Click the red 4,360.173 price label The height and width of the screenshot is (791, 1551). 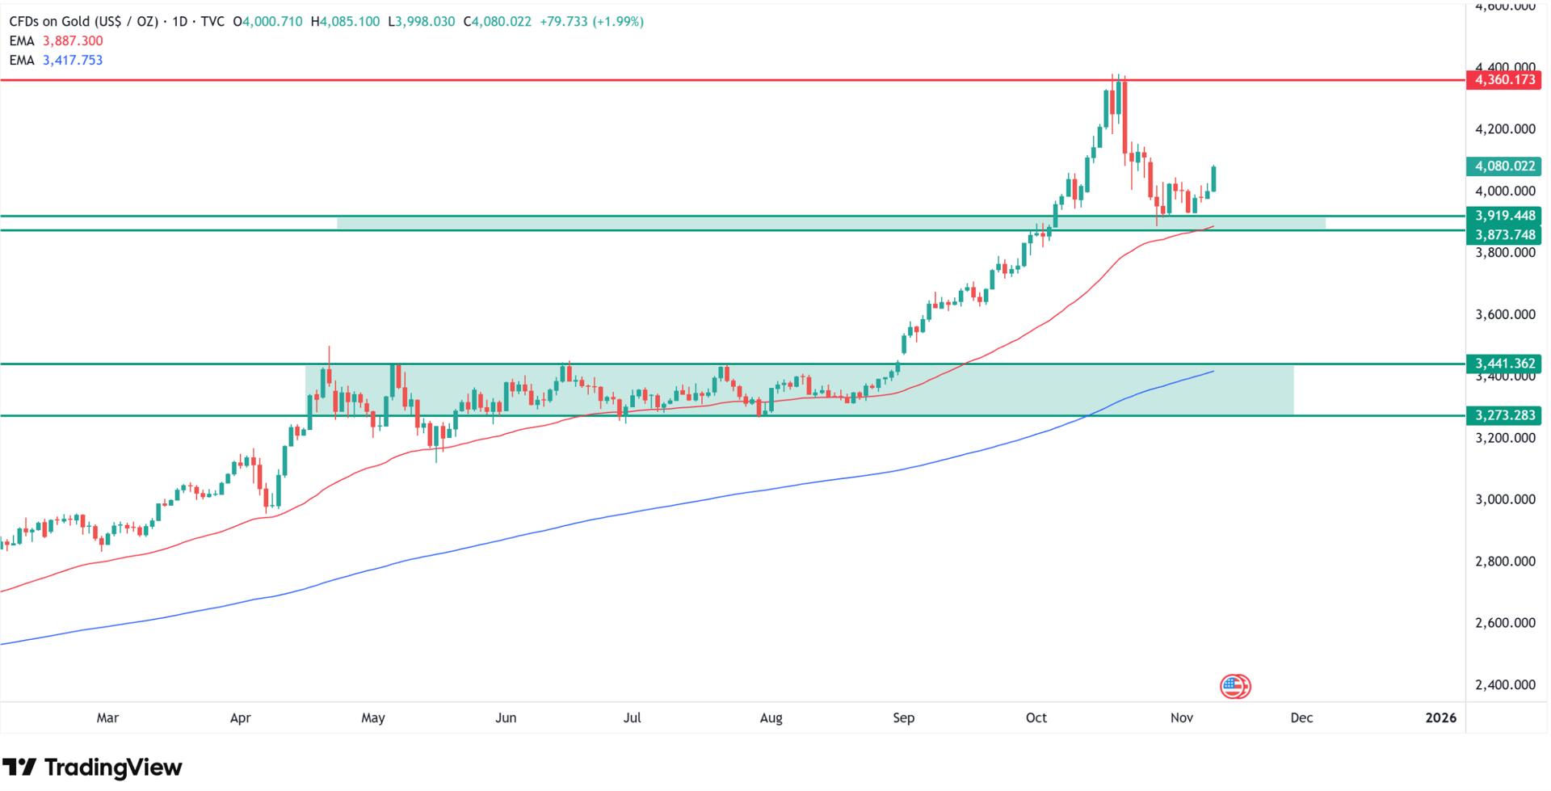[1505, 80]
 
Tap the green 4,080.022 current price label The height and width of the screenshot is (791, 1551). [1505, 166]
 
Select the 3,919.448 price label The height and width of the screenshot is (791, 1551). [1505, 216]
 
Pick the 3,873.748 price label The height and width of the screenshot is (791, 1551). [1505, 234]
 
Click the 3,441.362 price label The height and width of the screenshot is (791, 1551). [1505, 364]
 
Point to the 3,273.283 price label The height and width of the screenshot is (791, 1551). [1505, 416]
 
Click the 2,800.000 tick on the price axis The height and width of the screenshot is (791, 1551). [1505, 562]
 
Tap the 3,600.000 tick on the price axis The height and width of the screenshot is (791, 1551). [1505, 314]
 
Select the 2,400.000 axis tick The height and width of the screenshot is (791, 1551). [1505, 685]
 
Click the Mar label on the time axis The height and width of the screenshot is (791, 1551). [107, 717]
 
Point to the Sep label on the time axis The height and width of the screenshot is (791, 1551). [903, 717]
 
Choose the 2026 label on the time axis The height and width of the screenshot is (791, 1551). [1441, 717]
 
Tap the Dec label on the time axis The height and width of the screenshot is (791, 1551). [1301, 717]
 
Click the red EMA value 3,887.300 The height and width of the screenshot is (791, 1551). [73, 41]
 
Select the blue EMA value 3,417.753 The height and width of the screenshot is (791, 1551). [73, 61]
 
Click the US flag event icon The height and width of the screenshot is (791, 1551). [1234, 687]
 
